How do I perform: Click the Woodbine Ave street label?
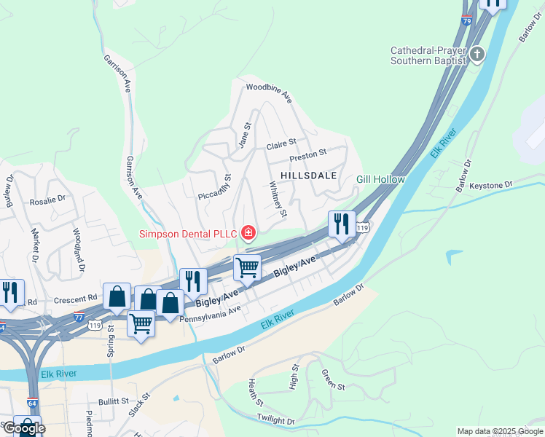[x=268, y=92]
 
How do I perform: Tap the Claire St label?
[x=281, y=143]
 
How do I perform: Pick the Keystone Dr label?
[x=491, y=185]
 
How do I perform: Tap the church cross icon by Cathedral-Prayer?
[x=477, y=55]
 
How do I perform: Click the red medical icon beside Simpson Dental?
[x=248, y=233]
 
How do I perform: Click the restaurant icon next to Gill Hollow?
[x=342, y=223]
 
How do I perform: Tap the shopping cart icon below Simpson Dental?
[x=247, y=267]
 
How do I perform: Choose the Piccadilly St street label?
[x=215, y=187]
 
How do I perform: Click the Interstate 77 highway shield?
[x=79, y=317]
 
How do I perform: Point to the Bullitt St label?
[x=114, y=401]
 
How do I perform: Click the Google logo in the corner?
[x=24, y=428]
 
